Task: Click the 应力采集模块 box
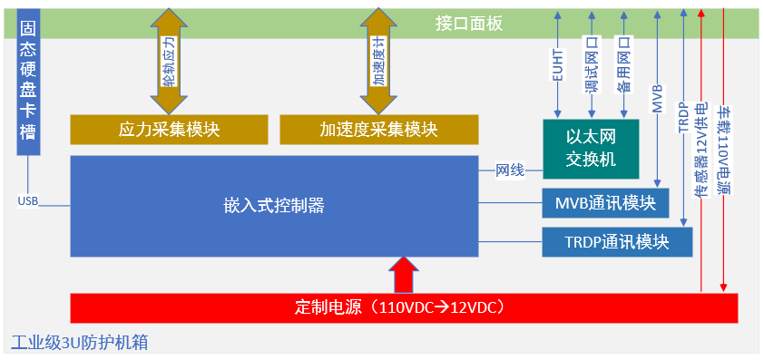pyautogui.click(x=170, y=130)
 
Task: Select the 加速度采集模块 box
pyautogui.click(x=378, y=130)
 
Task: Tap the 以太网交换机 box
pyautogui.click(x=591, y=148)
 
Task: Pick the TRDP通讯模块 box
pyautogui.click(x=616, y=242)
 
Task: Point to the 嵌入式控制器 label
pyautogui.click(x=275, y=206)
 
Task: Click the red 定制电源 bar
pyautogui.click(x=404, y=307)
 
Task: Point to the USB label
pyautogui.click(x=27, y=200)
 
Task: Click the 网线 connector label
pyautogui.click(x=509, y=170)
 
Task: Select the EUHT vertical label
pyautogui.click(x=558, y=65)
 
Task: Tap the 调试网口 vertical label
pyautogui.click(x=591, y=66)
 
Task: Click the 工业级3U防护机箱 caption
pyautogui.click(x=80, y=343)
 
